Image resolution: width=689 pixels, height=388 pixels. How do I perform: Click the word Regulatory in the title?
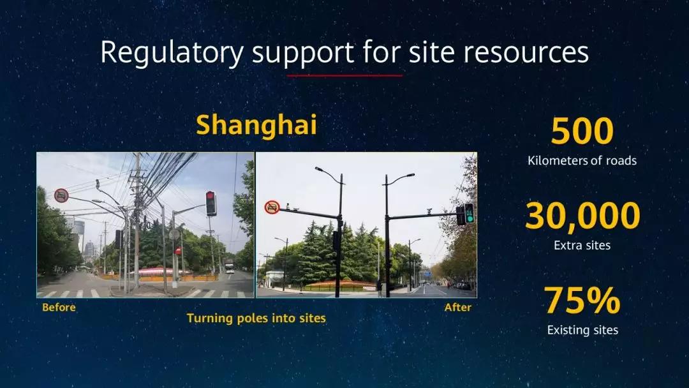click(172, 54)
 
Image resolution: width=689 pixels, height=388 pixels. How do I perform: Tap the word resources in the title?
click(526, 53)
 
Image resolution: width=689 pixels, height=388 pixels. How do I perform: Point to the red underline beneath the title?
click(344, 75)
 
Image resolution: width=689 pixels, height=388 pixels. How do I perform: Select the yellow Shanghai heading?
click(256, 125)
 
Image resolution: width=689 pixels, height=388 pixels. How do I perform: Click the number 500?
click(582, 131)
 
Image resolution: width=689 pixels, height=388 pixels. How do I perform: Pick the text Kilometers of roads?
click(582, 160)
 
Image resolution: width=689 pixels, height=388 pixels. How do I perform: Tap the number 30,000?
click(582, 216)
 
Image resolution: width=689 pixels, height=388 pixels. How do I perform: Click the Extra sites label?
click(582, 245)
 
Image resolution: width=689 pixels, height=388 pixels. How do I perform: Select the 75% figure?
click(582, 301)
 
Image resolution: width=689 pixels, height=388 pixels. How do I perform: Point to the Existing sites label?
click(582, 330)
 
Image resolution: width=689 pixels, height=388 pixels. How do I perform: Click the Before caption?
click(59, 307)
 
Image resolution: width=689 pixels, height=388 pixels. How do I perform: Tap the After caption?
click(458, 307)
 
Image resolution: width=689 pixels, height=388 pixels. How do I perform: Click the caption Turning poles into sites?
click(256, 318)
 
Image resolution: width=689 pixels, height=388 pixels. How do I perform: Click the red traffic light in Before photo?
click(211, 203)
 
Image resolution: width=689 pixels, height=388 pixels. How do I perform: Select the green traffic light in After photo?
click(470, 214)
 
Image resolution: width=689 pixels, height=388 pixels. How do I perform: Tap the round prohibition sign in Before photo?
click(61, 195)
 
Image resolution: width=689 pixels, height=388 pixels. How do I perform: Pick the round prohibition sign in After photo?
click(272, 207)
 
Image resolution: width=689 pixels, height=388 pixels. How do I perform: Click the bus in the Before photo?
click(230, 266)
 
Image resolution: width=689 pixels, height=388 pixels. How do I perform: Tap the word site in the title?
click(432, 52)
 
